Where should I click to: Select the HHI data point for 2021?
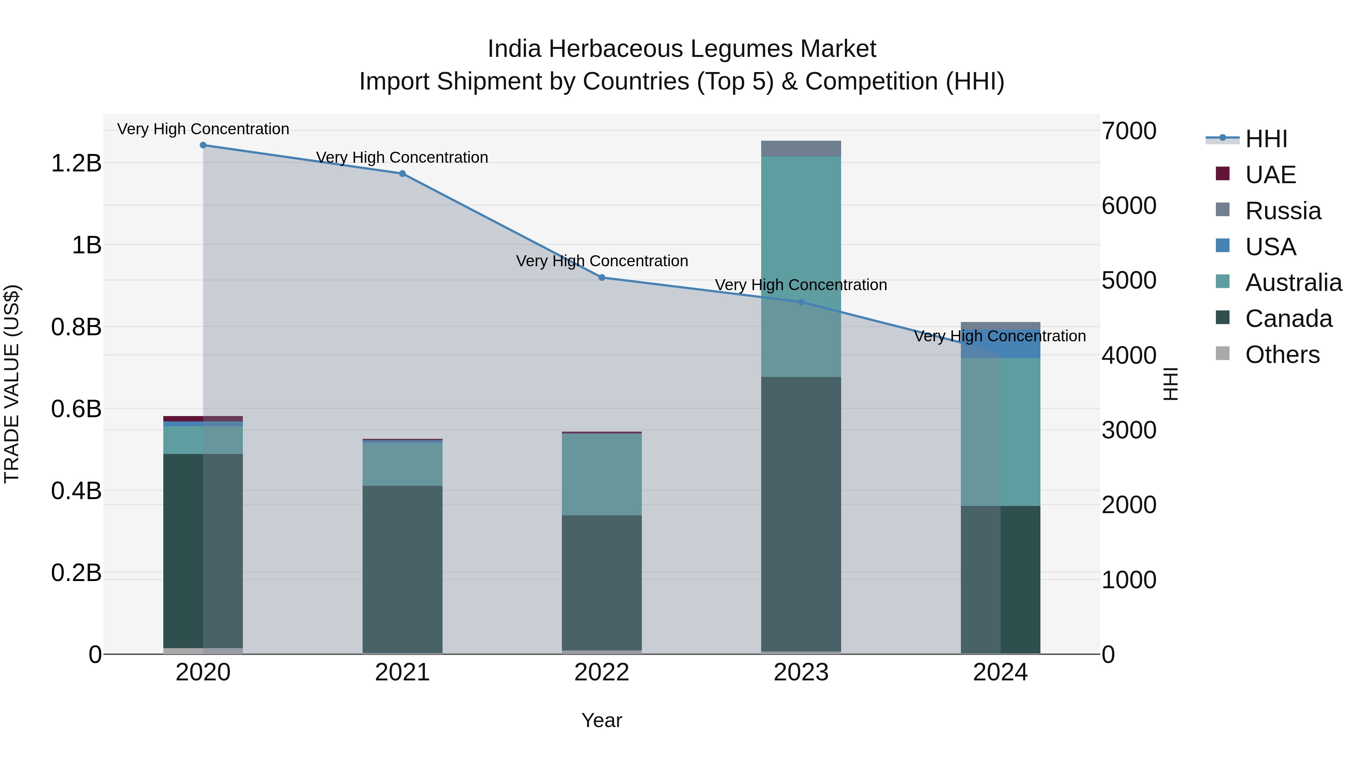[402, 174]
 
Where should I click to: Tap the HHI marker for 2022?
[602, 278]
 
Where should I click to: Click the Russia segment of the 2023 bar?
[801, 149]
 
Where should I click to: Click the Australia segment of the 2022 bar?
[602, 474]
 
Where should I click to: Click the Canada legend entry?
[1288, 319]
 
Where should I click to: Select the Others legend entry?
[1281, 355]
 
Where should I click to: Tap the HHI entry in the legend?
[1265, 139]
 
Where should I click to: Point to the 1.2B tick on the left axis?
[76, 163]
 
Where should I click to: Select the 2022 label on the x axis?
[602, 672]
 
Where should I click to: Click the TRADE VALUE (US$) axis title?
[12, 384]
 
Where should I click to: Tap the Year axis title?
[602, 720]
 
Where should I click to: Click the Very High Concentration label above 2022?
[602, 261]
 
